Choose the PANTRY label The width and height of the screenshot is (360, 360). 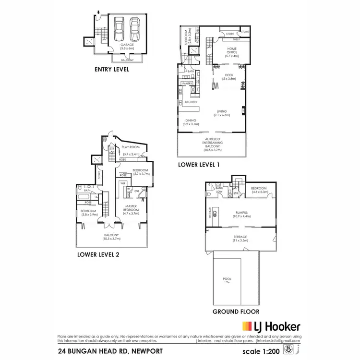pyautogui.click(x=187, y=84)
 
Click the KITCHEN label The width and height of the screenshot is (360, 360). pyautogui.click(x=191, y=102)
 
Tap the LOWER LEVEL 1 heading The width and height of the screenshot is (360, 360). pyautogui.click(x=199, y=164)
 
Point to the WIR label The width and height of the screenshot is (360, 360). pyautogui.click(x=123, y=183)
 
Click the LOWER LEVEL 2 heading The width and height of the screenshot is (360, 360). pyautogui.click(x=98, y=255)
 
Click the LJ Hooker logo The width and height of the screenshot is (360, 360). pyautogui.click(x=271, y=326)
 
